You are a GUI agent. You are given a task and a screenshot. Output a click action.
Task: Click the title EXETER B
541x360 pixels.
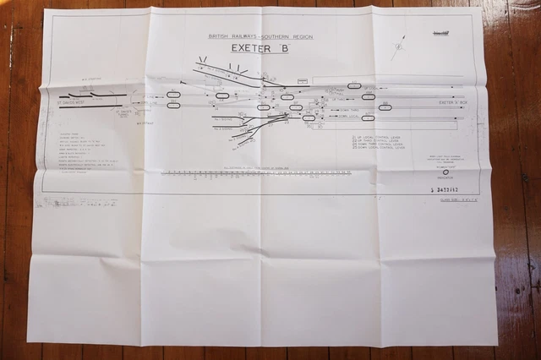[x=258, y=50]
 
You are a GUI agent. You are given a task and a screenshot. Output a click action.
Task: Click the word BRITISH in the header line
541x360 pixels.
[x=217, y=37]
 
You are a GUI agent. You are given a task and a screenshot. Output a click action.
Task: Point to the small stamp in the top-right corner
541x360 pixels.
[x=440, y=32]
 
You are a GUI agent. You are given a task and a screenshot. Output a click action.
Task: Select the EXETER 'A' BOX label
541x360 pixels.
[x=454, y=102]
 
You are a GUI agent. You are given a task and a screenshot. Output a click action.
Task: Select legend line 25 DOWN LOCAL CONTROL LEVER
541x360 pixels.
[x=378, y=147]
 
